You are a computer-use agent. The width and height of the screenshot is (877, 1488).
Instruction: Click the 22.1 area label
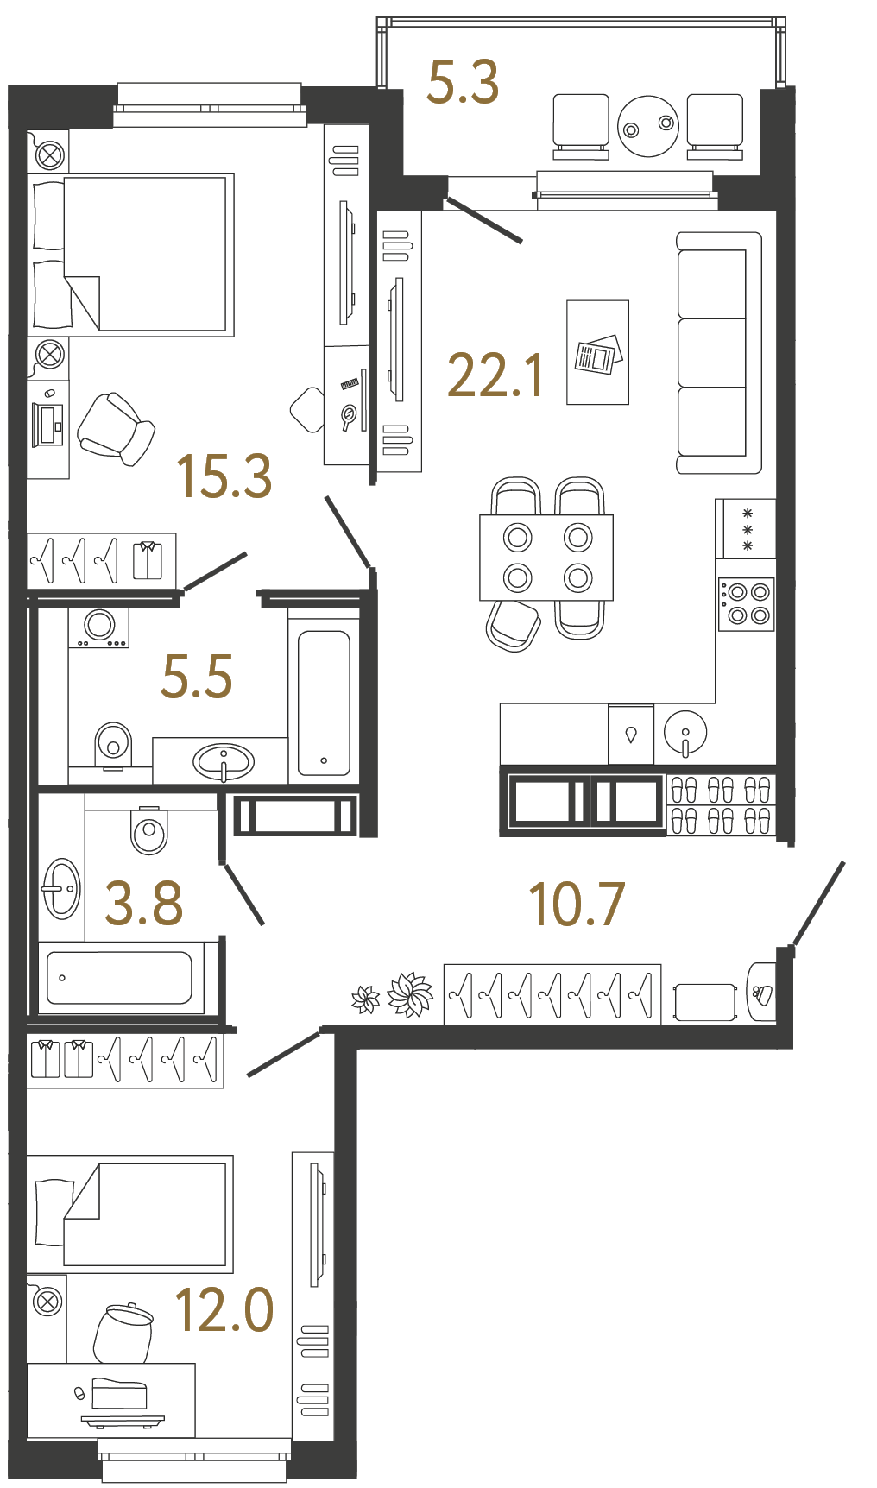[495, 376]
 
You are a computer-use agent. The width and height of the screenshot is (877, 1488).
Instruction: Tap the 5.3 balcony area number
[463, 83]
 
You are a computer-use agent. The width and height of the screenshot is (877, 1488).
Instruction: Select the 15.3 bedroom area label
[224, 476]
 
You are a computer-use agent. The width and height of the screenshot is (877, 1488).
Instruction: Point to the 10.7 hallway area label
[576, 905]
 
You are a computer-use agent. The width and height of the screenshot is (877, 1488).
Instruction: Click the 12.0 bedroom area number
[224, 1310]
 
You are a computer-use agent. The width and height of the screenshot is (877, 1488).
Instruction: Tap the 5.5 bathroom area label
[197, 676]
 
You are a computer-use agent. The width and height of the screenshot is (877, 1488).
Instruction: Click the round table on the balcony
[648, 126]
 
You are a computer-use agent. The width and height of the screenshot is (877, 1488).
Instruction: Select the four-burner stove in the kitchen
[747, 603]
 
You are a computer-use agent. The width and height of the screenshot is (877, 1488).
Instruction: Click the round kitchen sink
[685, 733]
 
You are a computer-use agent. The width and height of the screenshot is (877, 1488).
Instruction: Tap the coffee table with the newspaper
[597, 352]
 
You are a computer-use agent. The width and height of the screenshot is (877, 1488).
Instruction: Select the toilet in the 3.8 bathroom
[149, 830]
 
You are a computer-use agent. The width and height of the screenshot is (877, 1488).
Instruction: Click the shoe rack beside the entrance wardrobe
[722, 805]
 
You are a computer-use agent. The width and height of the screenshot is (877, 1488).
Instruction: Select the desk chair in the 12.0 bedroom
[123, 1333]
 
